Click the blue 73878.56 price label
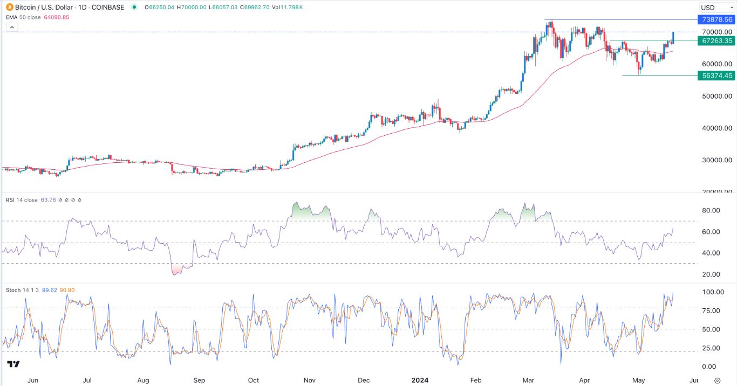pyautogui.click(x=716, y=19)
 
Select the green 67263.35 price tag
pyautogui.click(x=716, y=40)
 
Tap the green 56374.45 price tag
pyautogui.click(x=716, y=75)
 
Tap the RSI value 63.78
pyautogui.click(x=49, y=200)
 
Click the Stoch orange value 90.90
pyautogui.click(x=67, y=290)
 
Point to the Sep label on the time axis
pyautogui.click(x=199, y=380)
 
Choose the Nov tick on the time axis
pyautogui.click(x=309, y=380)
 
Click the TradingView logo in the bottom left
pyautogui.click(x=14, y=364)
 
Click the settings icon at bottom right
pyautogui.click(x=717, y=380)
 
